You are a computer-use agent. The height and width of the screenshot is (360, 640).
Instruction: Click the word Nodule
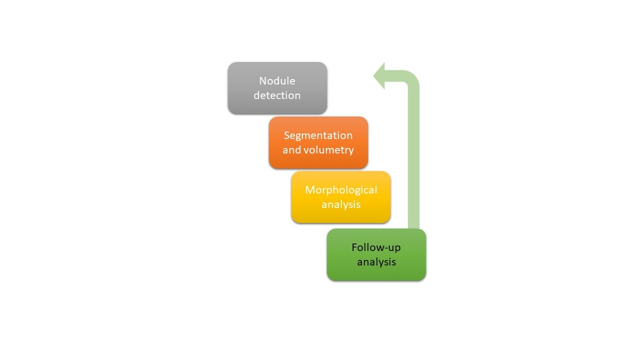tap(277, 81)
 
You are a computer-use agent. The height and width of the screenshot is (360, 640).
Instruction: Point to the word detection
tap(277, 96)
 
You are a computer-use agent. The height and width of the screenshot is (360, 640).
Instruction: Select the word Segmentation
tap(318, 135)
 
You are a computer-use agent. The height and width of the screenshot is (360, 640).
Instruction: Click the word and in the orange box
tap(292, 150)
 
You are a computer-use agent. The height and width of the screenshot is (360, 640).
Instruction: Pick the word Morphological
tap(341, 190)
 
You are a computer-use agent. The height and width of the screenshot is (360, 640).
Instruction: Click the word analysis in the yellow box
tap(341, 204)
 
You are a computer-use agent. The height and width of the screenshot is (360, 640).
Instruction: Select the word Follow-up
tap(376, 248)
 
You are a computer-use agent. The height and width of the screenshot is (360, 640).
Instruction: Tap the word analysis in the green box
tap(376, 262)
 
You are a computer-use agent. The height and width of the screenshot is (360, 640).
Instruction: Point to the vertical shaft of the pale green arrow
tap(413, 160)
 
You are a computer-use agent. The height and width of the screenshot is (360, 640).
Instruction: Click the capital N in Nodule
tap(262, 81)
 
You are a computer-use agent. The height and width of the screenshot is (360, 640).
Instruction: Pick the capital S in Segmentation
tap(287, 135)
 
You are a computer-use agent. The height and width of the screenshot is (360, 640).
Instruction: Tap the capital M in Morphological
tap(309, 190)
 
